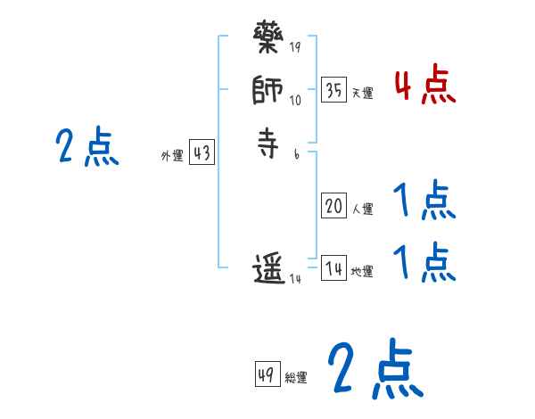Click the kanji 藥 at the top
tap(268, 40)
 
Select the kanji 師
tap(268, 91)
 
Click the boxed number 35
tap(333, 90)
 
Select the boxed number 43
tap(202, 153)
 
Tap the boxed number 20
tap(333, 207)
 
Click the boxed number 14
tap(333, 268)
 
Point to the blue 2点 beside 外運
tap(87, 146)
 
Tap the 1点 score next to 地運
tap(424, 262)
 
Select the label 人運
tap(363, 209)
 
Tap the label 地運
tap(363, 271)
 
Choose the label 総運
tap(296, 377)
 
